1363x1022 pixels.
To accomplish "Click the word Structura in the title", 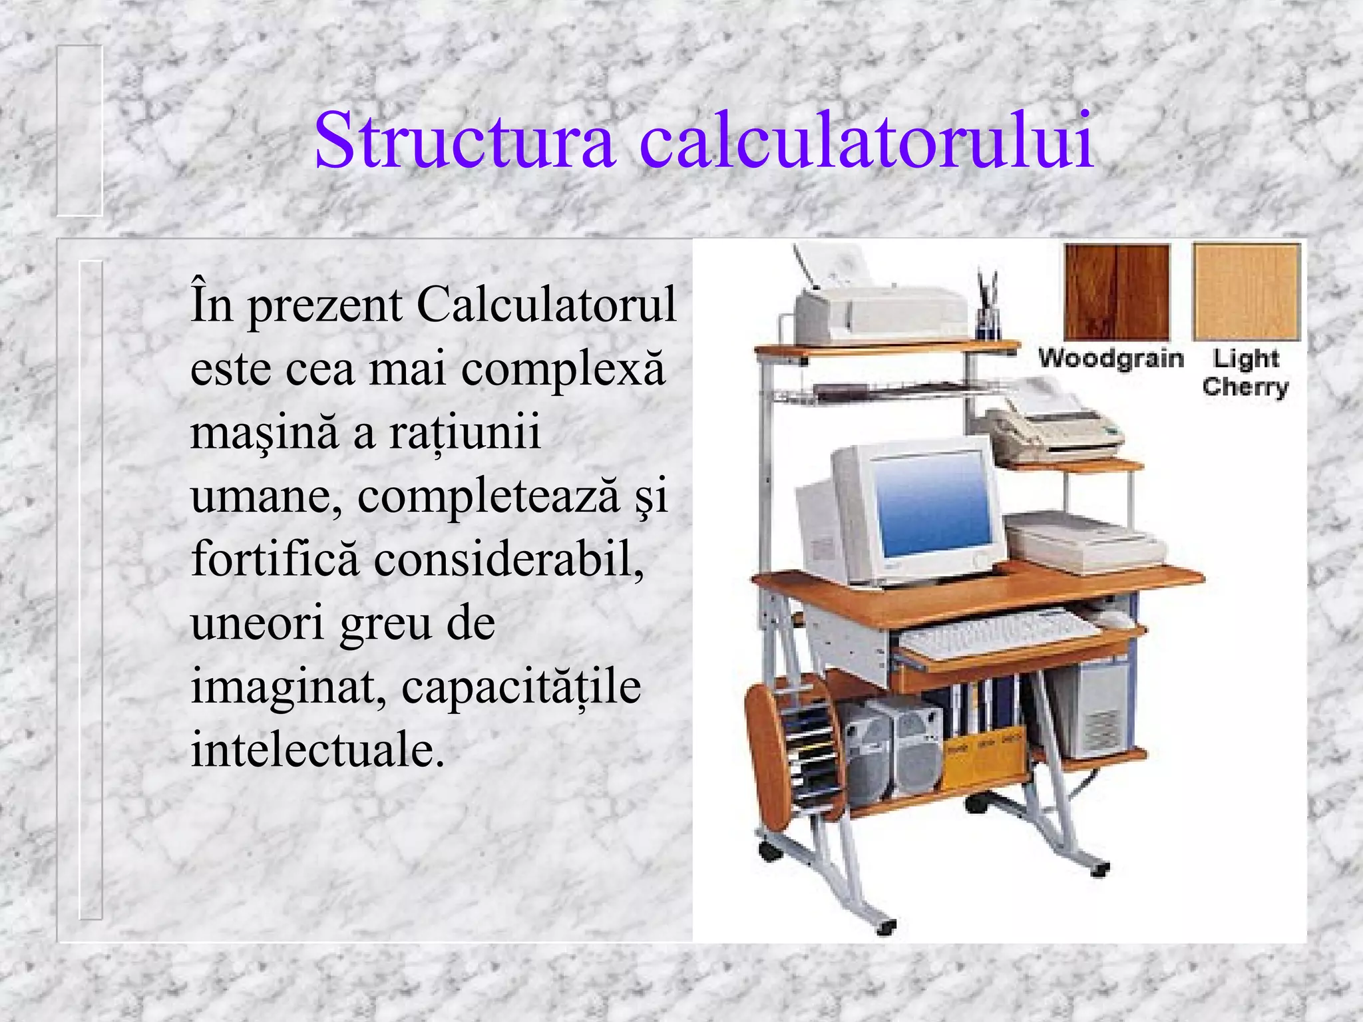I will pos(465,141).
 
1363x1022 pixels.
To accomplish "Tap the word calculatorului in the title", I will pos(867,141).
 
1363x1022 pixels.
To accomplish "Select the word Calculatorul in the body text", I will pos(546,305).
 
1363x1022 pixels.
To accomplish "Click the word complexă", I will pos(563,370).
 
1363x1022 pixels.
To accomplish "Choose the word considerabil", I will pos(508,559).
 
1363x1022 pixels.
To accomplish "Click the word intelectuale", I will pos(317,751).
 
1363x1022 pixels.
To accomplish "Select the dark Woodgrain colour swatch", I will pos(1117,291).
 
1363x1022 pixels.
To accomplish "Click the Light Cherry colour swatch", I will pos(1246,291).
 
